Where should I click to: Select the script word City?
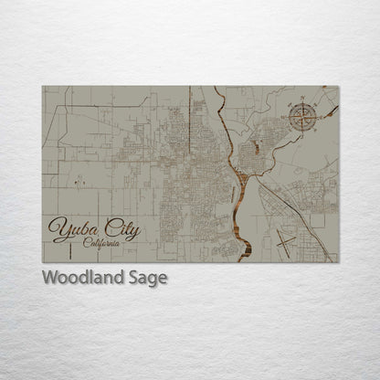(120, 229)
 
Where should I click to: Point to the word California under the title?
(100, 243)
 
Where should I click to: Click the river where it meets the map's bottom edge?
(241, 261)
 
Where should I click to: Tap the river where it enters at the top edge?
(216, 88)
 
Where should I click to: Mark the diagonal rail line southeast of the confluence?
(279, 203)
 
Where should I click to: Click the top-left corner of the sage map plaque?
(42, 86)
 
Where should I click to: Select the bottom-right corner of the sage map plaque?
(339, 263)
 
